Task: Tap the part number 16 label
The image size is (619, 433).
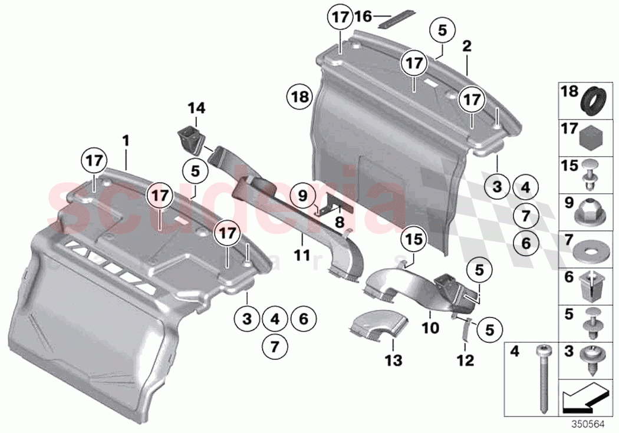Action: pyautogui.click(x=363, y=16)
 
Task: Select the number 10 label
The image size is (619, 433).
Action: pyautogui.click(x=430, y=326)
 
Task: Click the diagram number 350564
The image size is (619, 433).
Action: pyautogui.click(x=593, y=422)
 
